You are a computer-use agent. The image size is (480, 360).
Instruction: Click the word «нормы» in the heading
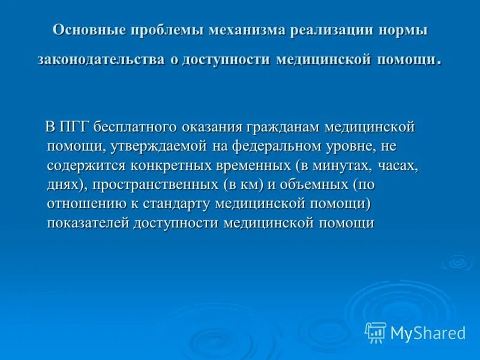pyautogui.click(x=405, y=31)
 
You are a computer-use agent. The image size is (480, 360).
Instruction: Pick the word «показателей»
pyautogui.click(x=88, y=223)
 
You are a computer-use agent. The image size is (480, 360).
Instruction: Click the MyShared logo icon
pyautogui.click(x=376, y=332)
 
